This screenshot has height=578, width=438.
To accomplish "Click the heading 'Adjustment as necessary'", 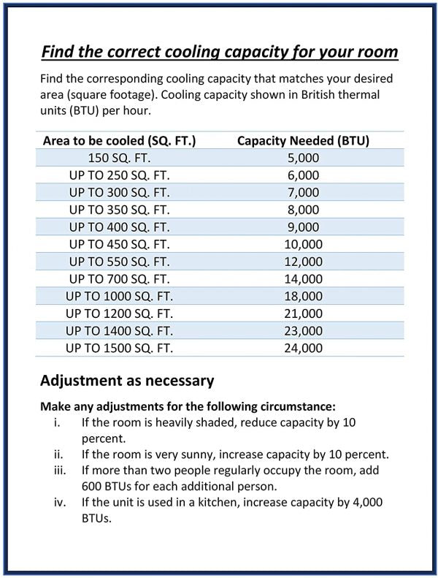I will point(126,381).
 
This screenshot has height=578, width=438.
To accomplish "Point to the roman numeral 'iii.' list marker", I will point(61,469).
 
